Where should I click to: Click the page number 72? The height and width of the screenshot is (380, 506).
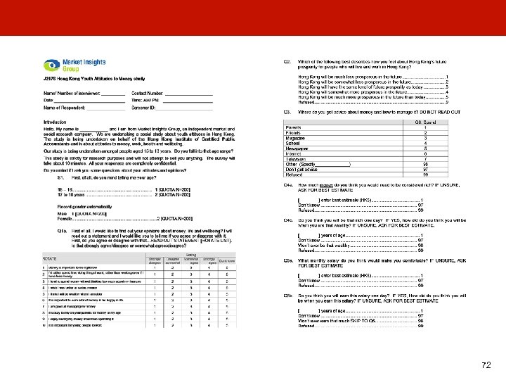point(486,365)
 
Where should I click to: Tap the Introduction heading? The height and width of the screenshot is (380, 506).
point(56,122)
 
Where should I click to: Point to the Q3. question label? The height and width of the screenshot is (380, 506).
point(287,111)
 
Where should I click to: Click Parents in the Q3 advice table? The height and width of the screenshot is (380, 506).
point(292,127)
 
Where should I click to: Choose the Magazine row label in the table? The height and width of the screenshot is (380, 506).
point(295,138)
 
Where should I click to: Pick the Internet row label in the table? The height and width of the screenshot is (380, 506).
point(293,153)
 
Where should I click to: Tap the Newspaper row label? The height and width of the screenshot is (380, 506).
point(297,148)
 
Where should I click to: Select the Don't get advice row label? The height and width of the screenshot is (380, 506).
point(301,169)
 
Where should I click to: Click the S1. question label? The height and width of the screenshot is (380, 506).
point(61,179)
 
